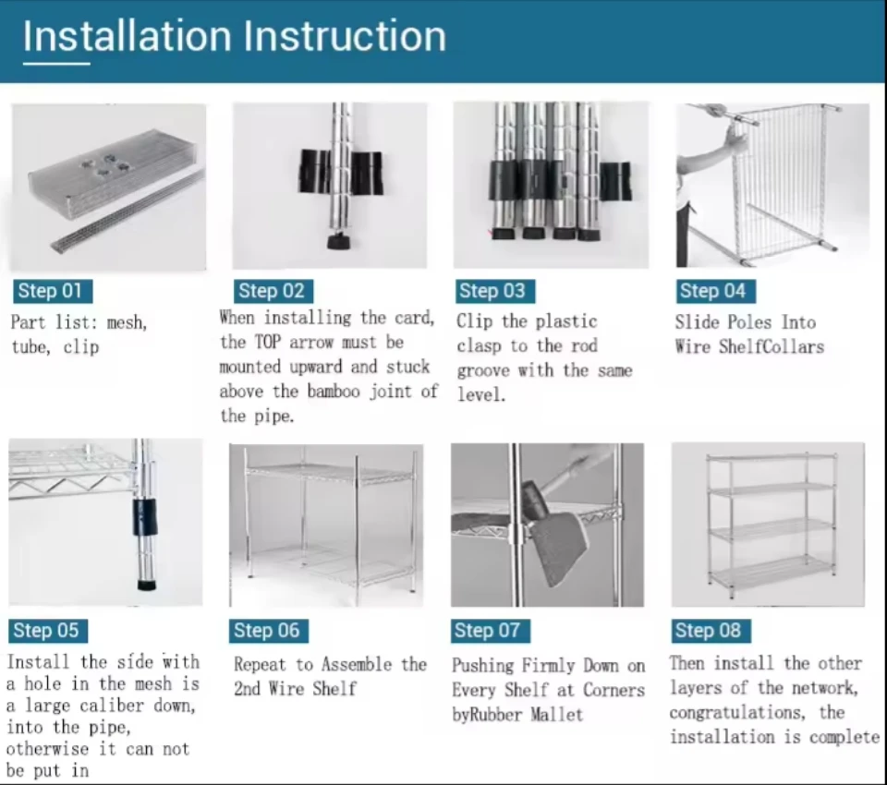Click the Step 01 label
coord(53,291)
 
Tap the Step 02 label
coord(273,291)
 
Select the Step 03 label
coord(493,291)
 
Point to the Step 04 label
coord(714,291)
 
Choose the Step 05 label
coord(48,631)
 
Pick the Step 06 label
coord(269,631)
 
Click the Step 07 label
coord(491,631)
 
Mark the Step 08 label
coord(711,631)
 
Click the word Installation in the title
coord(128,36)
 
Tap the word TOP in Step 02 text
coord(268,342)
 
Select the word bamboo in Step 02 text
coord(334,392)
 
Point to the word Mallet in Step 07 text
coord(556,715)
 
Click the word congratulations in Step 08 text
coord(736,713)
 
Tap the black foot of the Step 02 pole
coord(338,241)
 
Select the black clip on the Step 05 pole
coord(145,517)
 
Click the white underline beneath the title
coord(56,64)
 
